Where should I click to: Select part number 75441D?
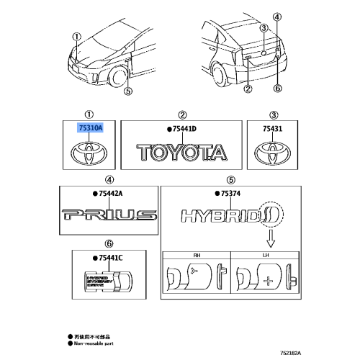click(x=183, y=128)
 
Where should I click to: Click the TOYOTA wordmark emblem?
click(x=184, y=152)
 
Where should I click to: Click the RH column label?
click(x=196, y=254)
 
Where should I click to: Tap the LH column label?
click(x=264, y=254)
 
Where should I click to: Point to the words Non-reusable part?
click(x=96, y=344)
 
